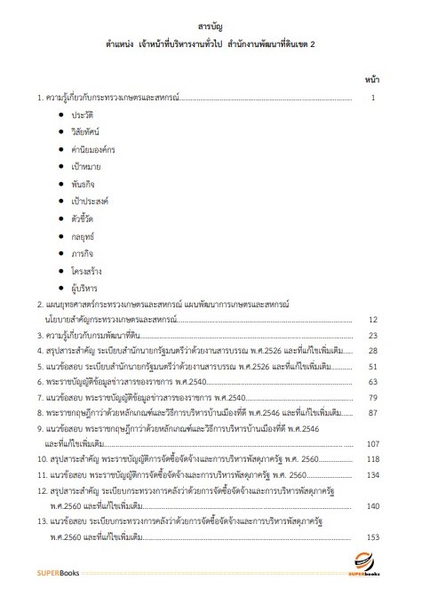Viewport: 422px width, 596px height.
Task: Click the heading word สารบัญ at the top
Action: pyautogui.click(x=211, y=27)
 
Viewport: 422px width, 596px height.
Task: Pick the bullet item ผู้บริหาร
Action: pyautogui.click(x=85, y=289)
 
